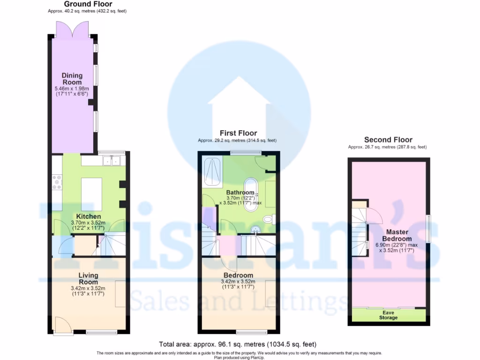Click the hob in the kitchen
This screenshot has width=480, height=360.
(57, 182)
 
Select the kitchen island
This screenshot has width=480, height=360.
(91, 192)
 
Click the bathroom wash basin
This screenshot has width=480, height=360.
(255, 230)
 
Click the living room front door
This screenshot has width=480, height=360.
(61, 324)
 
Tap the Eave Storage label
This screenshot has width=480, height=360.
(388, 315)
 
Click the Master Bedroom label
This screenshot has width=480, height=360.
(397, 235)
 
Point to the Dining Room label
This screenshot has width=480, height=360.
(72, 79)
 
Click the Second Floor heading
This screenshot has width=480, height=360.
(388, 140)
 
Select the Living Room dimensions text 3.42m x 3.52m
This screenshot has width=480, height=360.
(88, 288)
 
